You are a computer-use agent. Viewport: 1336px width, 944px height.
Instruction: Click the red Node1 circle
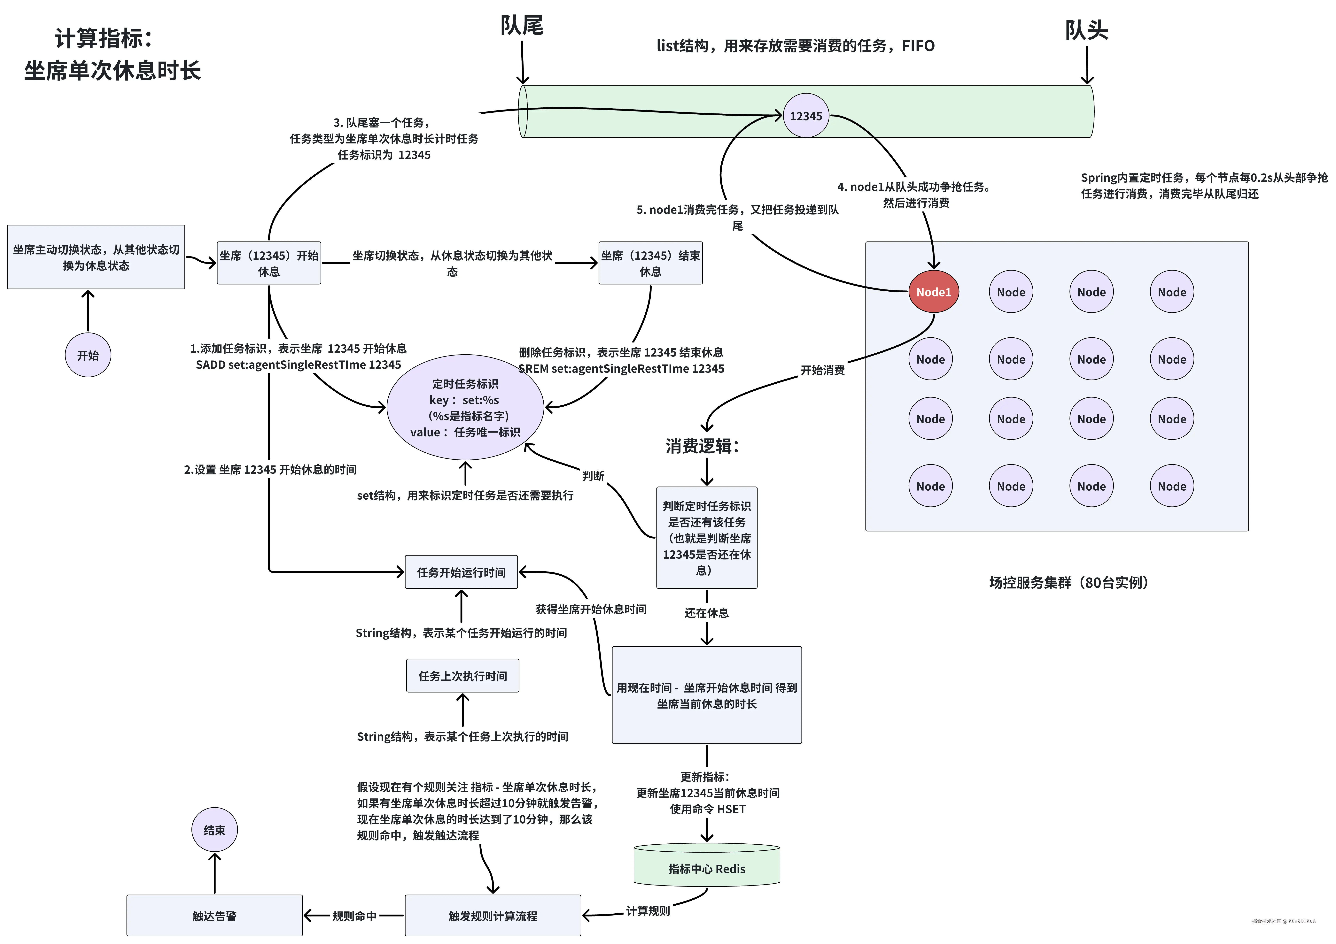[933, 292]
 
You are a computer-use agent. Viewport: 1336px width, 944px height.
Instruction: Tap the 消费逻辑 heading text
[702, 446]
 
